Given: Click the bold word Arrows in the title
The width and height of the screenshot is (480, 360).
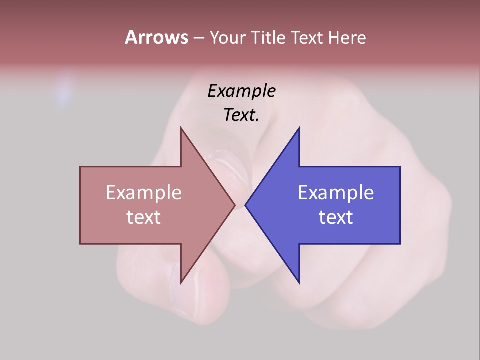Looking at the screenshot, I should click(156, 37).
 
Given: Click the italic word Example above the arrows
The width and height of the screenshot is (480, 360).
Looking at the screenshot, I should click(242, 91).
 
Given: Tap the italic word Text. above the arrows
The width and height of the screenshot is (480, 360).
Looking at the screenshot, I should click(242, 115).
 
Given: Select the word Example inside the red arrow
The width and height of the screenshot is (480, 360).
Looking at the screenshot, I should click(144, 192).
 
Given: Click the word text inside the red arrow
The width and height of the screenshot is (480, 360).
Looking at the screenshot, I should click(144, 217).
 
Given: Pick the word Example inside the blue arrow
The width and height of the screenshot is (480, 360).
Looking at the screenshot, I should click(336, 192).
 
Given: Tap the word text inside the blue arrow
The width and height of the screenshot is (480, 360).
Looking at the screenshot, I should click(336, 217).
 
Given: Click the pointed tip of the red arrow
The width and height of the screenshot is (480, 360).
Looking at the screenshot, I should click(234, 205).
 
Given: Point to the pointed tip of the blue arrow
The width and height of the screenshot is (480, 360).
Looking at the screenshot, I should click(246, 205).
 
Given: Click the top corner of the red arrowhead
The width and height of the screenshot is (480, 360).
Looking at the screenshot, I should click(181, 128).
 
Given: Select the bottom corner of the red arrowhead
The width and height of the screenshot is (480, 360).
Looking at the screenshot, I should click(181, 282).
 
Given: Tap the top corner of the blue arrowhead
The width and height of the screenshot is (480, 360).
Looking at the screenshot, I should click(299, 128).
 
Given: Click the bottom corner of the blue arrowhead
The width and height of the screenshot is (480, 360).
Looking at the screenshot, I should click(299, 282).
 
